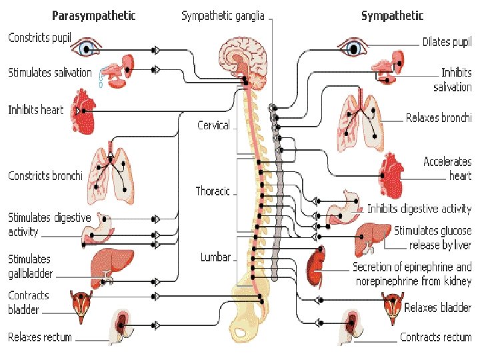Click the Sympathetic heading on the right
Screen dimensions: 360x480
(392, 15)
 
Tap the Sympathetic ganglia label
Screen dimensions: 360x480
(223, 15)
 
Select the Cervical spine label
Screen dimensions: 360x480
(213, 125)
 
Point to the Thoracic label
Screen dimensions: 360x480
(213, 191)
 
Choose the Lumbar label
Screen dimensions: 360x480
(215, 257)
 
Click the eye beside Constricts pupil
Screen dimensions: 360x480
(88, 48)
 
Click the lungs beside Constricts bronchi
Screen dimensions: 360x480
(111, 175)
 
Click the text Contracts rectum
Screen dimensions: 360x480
(435, 337)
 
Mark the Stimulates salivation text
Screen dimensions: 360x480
(49, 72)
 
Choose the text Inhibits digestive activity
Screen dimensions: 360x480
(419, 209)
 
